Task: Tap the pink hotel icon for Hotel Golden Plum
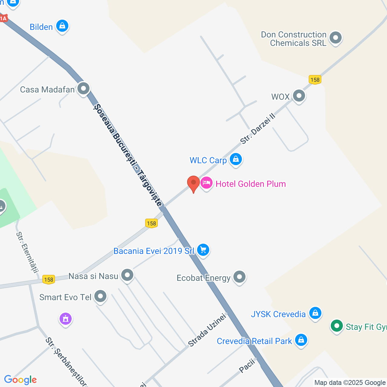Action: (x=207, y=183)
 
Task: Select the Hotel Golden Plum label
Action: (x=251, y=184)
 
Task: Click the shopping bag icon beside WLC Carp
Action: (x=236, y=159)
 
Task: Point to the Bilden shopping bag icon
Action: (x=62, y=26)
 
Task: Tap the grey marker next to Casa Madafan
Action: (x=83, y=89)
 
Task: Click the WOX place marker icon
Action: (x=299, y=96)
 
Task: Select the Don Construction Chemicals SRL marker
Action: (x=335, y=38)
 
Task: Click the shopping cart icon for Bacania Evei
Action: (x=203, y=250)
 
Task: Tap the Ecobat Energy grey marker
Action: (x=239, y=277)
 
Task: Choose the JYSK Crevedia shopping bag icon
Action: (x=315, y=313)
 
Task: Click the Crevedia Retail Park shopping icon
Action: (x=301, y=340)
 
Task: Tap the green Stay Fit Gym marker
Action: (x=337, y=326)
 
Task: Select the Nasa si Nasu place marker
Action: (x=127, y=275)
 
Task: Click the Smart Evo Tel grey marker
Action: (x=100, y=296)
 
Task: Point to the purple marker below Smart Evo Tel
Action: (x=66, y=319)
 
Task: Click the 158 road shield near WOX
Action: (x=315, y=80)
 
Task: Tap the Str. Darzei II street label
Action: (x=258, y=128)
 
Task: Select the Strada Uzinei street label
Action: (x=207, y=330)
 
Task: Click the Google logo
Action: (x=21, y=380)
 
